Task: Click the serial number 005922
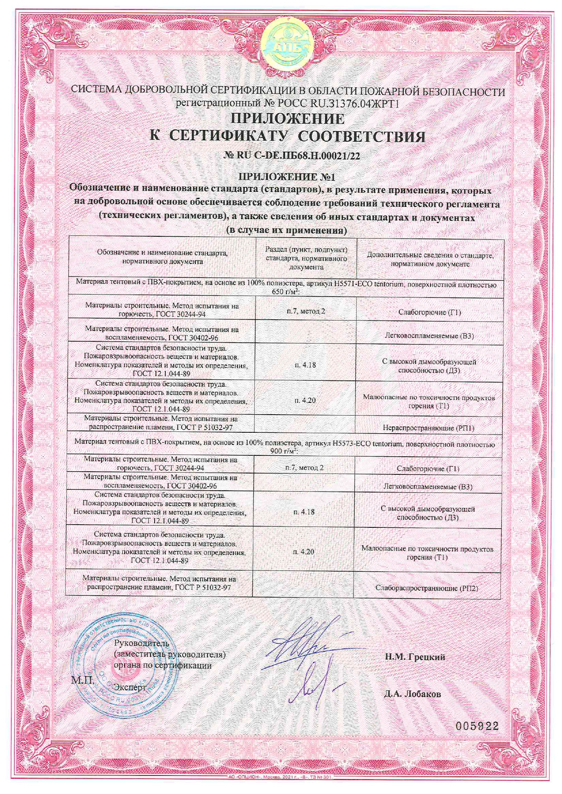[x=477, y=726]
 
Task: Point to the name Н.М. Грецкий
[x=415, y=657]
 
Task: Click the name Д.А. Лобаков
[x=412, y=694]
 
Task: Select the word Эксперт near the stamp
[x=130, y=687]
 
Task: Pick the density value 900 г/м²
[x=283, y=452]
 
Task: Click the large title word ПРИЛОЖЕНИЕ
[x=288, y=119]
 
